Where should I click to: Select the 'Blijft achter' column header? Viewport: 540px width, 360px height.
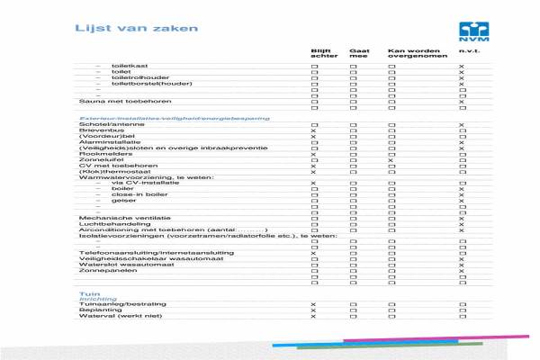click(320, 55)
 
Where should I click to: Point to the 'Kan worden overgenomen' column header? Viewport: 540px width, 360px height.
click(409, 55)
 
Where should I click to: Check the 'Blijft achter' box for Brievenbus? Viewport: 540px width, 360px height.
click(313, 131)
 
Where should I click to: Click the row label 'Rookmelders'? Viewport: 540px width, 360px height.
click(99, 154)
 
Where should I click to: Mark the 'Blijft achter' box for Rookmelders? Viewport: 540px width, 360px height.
click(313, 154)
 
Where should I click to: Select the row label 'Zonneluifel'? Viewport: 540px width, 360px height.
click(98, 160)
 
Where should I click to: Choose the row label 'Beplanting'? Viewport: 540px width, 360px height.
click(97, 310)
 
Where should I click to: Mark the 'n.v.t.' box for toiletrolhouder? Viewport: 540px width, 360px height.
click(462, 78)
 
